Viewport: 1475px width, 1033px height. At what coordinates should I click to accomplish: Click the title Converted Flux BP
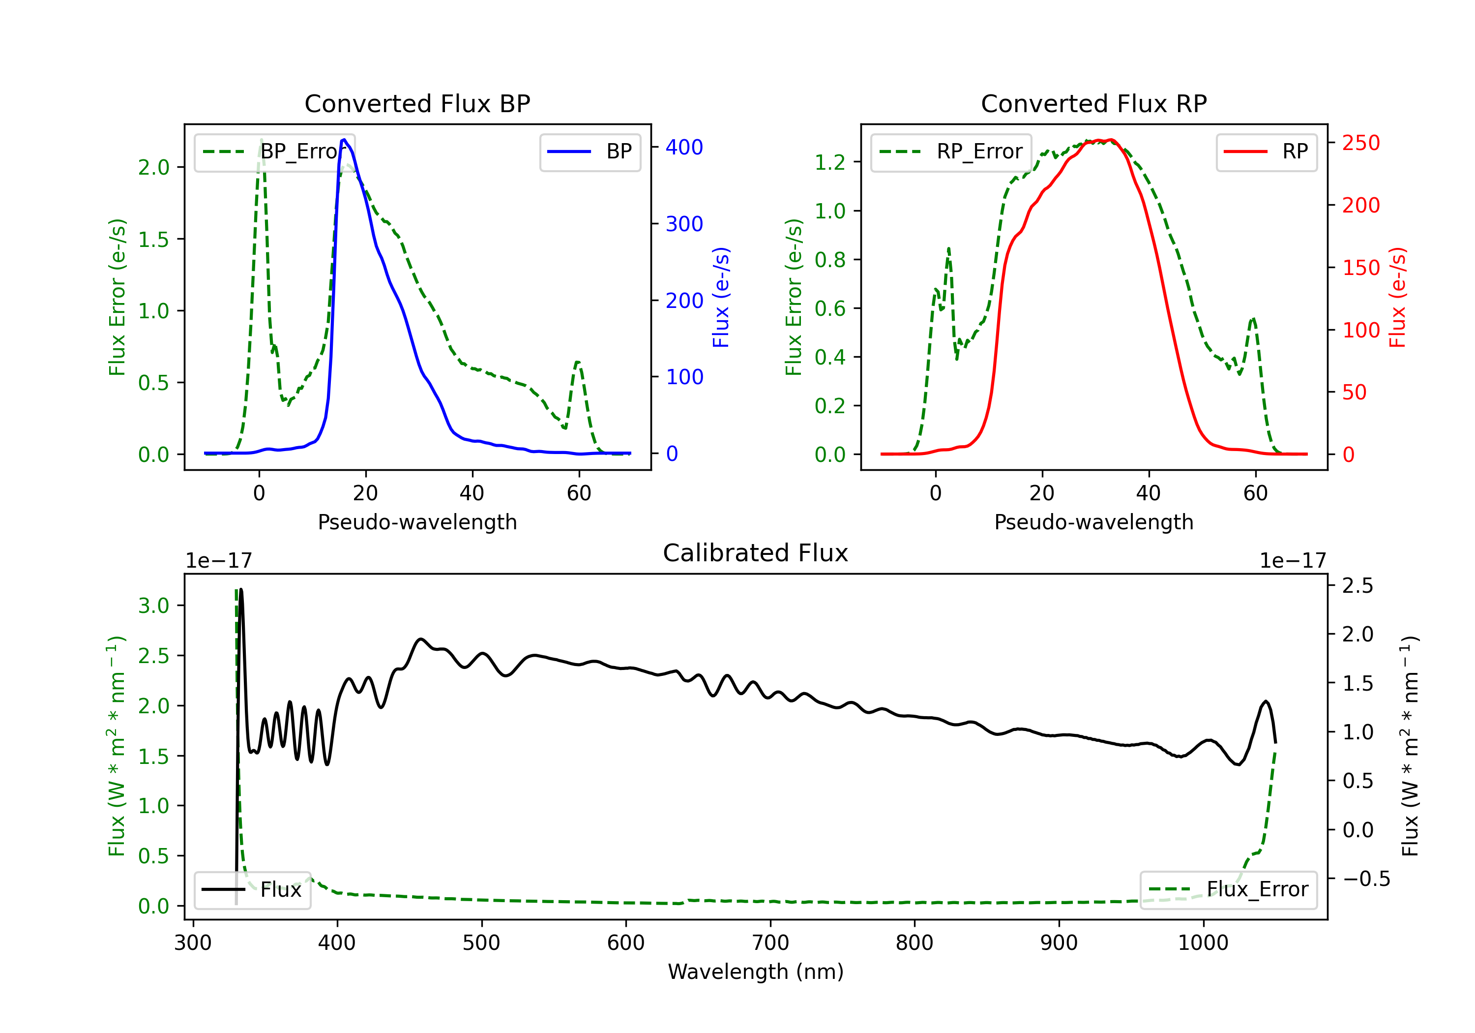417,103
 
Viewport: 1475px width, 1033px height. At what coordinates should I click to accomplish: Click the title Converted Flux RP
1093,103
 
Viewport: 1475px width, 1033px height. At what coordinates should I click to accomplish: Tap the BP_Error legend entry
275,152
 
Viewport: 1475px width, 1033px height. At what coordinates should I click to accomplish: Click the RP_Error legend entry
951,152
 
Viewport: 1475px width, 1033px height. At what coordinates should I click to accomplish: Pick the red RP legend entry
1266,152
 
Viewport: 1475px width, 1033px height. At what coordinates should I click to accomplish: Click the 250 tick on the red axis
1360,143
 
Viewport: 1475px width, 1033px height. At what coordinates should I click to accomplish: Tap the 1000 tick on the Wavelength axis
1203,943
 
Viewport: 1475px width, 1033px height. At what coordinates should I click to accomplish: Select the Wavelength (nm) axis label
756,972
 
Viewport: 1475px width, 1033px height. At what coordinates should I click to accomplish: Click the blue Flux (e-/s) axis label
721,297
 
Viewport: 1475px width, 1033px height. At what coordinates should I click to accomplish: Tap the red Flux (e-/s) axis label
1397,297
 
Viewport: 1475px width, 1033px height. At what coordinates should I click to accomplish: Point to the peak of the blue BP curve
344,140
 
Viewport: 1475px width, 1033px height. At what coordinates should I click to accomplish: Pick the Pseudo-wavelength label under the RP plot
1093,522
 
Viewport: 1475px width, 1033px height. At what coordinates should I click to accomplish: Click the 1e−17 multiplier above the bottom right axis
1293,561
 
